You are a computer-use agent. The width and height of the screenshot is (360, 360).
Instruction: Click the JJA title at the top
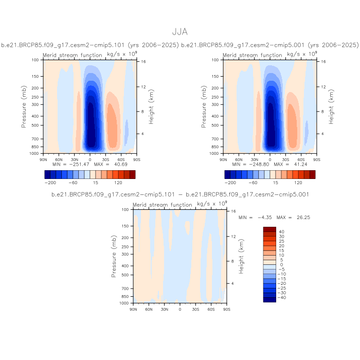coord(180,32)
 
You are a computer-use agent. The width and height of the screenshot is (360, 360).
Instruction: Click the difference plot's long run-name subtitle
coord(180,194)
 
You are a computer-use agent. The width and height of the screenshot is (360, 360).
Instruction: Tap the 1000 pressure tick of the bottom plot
coord(124,303)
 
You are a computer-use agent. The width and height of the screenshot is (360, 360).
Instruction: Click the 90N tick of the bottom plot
coord(133,309)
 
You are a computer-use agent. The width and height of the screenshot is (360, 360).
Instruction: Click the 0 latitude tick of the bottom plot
coord(180,309)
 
